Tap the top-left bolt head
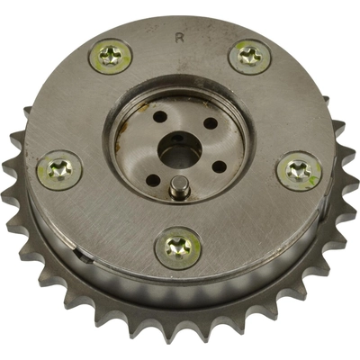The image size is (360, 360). [110, 58]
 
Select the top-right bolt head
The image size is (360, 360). [249, 57]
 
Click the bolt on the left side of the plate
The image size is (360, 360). [60, 168]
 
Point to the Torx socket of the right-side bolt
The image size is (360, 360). [298, 171]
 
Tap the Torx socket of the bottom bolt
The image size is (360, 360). [178, 247]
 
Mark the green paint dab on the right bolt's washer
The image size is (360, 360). [310, 181]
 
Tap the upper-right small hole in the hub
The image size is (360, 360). [209, 123]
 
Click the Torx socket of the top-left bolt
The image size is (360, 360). [110, 56]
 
